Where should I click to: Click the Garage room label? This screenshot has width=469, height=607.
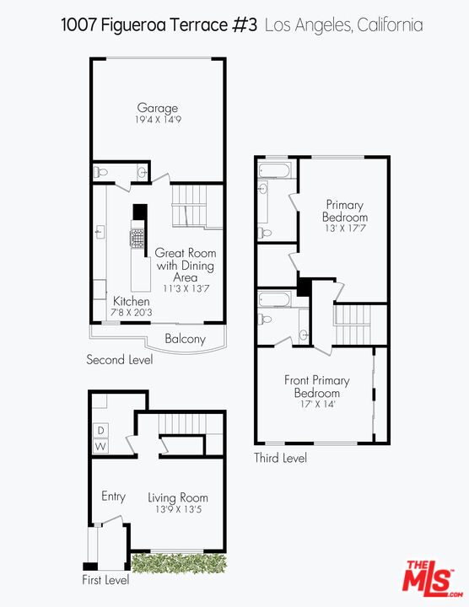click(158, 108)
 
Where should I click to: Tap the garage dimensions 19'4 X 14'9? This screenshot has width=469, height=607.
click(158, 120)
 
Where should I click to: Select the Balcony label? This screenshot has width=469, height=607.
click(185, 339)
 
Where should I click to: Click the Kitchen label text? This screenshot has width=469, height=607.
click(132, 301)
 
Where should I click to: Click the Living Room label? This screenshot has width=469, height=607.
click(178, 497)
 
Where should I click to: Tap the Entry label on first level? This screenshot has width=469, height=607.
click(113, 496)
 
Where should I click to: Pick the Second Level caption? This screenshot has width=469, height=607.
click(120, 360)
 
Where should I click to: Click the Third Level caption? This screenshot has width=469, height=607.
click(281, 458)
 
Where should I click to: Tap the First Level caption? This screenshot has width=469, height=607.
click(105, 580)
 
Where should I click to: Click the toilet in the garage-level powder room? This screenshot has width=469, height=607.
click(101, 172)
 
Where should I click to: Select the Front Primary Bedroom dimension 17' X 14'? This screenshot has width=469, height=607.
click(316, 404)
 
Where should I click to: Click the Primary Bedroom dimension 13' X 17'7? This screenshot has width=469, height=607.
click(344, 227)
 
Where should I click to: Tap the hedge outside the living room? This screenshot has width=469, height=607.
click(179, 562)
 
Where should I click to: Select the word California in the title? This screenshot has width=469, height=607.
click(390, 25)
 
